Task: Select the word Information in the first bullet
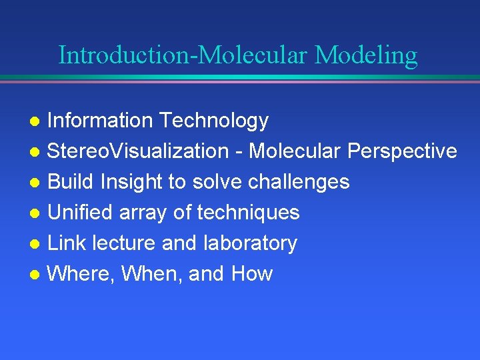point(101,121)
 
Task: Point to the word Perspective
point(402,151)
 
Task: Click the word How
point(252,274)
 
